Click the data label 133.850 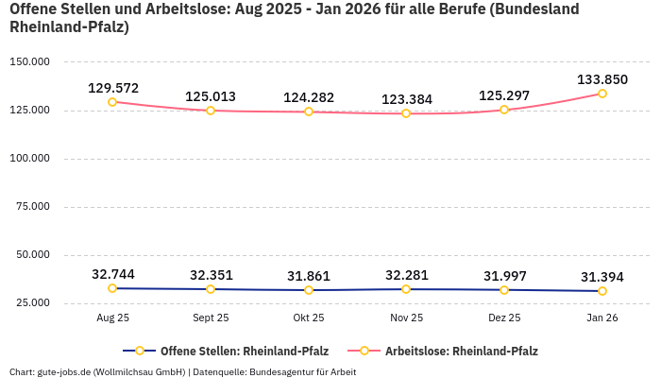pos(602,79)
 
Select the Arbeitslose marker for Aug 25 pos(112,102)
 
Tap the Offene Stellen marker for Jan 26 pos(602,291)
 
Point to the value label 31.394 pos(602,277)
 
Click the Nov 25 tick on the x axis pos(406,318)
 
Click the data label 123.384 pos(406,99)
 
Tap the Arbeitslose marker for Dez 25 pos(504,110)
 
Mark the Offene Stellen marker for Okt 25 pos(309,290)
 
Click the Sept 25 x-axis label pos(211,318)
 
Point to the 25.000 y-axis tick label pos(31,303)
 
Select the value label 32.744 pos(112,274)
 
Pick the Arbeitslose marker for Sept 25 pos(211,111)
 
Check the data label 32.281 pos(406,275)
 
